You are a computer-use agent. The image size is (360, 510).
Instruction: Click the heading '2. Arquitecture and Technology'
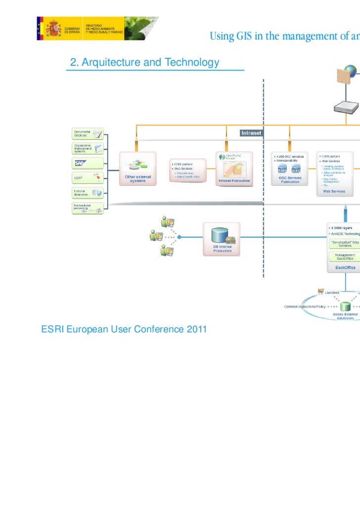click(144, 63)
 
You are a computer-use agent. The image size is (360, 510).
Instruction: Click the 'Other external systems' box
click(137, 169)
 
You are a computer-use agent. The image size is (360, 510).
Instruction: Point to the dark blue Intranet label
click(251, 133)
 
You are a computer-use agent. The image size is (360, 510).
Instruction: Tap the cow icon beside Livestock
click(320, 292)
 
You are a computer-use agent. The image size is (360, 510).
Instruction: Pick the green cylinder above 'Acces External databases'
click(345, 307)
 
